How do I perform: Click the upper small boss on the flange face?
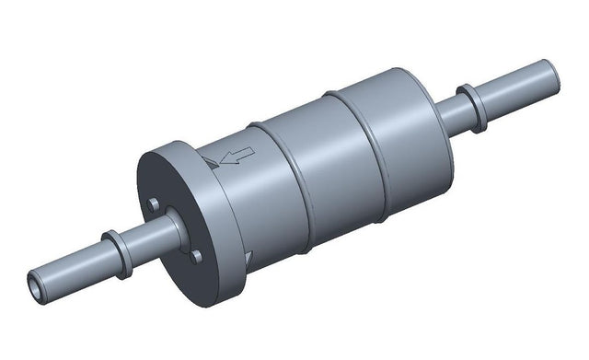[x=154, y=203]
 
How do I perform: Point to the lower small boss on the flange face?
[x=195, y=257]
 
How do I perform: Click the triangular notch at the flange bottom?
[x=248, y=261]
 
